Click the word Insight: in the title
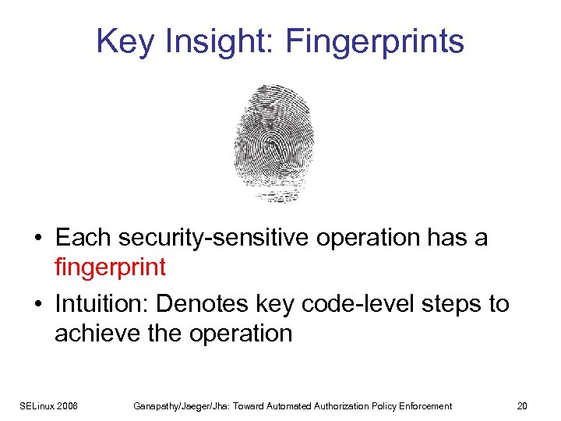pyautogui.click(x=218, y=41)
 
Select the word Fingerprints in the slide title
pyautogui.click(x=375, y=41)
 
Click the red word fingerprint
pyautogui.click(x=110, y=267)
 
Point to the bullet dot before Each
pyautogui.click(x=38, y=238)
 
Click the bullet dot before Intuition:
pyautogui.click(x=38, y=304)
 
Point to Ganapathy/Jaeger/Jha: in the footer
pyautogui.click(x=170, y=406)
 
